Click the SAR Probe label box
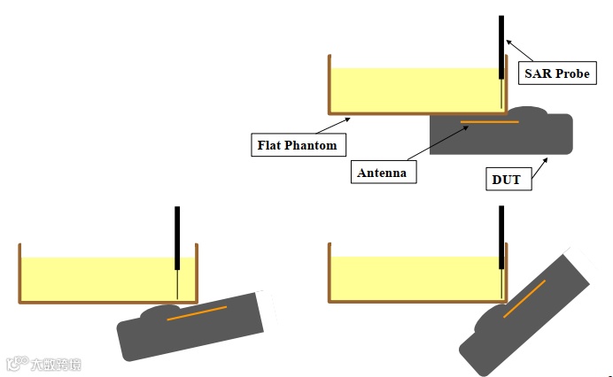[x=556, y=73]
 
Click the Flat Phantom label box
[x=297, y=144]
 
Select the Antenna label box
[x=382, y=173]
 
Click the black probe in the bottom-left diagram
[x=177, y=237]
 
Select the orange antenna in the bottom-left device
[x=197, y=312]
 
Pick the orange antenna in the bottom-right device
[x=524, y=298]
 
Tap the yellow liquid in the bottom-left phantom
[x=97, y=278]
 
